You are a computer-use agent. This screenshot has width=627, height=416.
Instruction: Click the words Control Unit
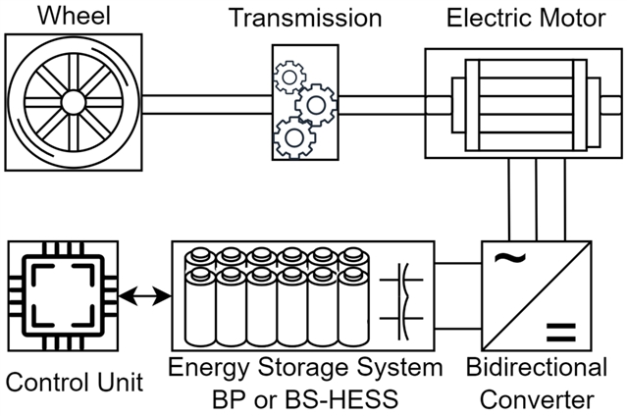[74, 380]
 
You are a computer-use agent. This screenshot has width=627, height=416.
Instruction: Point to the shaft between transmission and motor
[383, 102]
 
